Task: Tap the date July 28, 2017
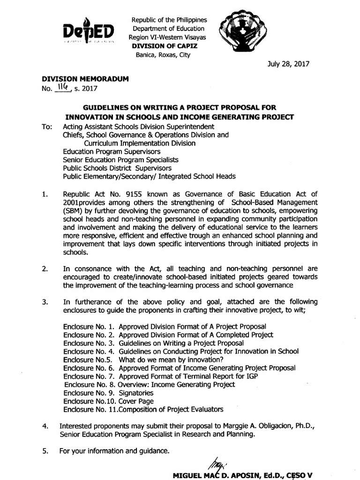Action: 289,64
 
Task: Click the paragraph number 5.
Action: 44,451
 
